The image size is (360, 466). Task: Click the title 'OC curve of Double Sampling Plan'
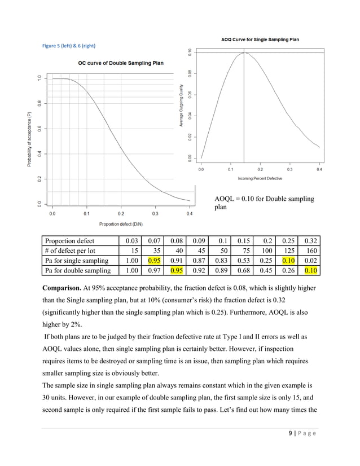[121, 63]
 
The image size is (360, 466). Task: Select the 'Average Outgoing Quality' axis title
[181, 105]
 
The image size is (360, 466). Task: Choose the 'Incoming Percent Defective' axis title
[260, 178]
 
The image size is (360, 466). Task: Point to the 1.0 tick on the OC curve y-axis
[38, 78]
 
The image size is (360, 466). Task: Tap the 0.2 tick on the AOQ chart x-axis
[260, 169]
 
